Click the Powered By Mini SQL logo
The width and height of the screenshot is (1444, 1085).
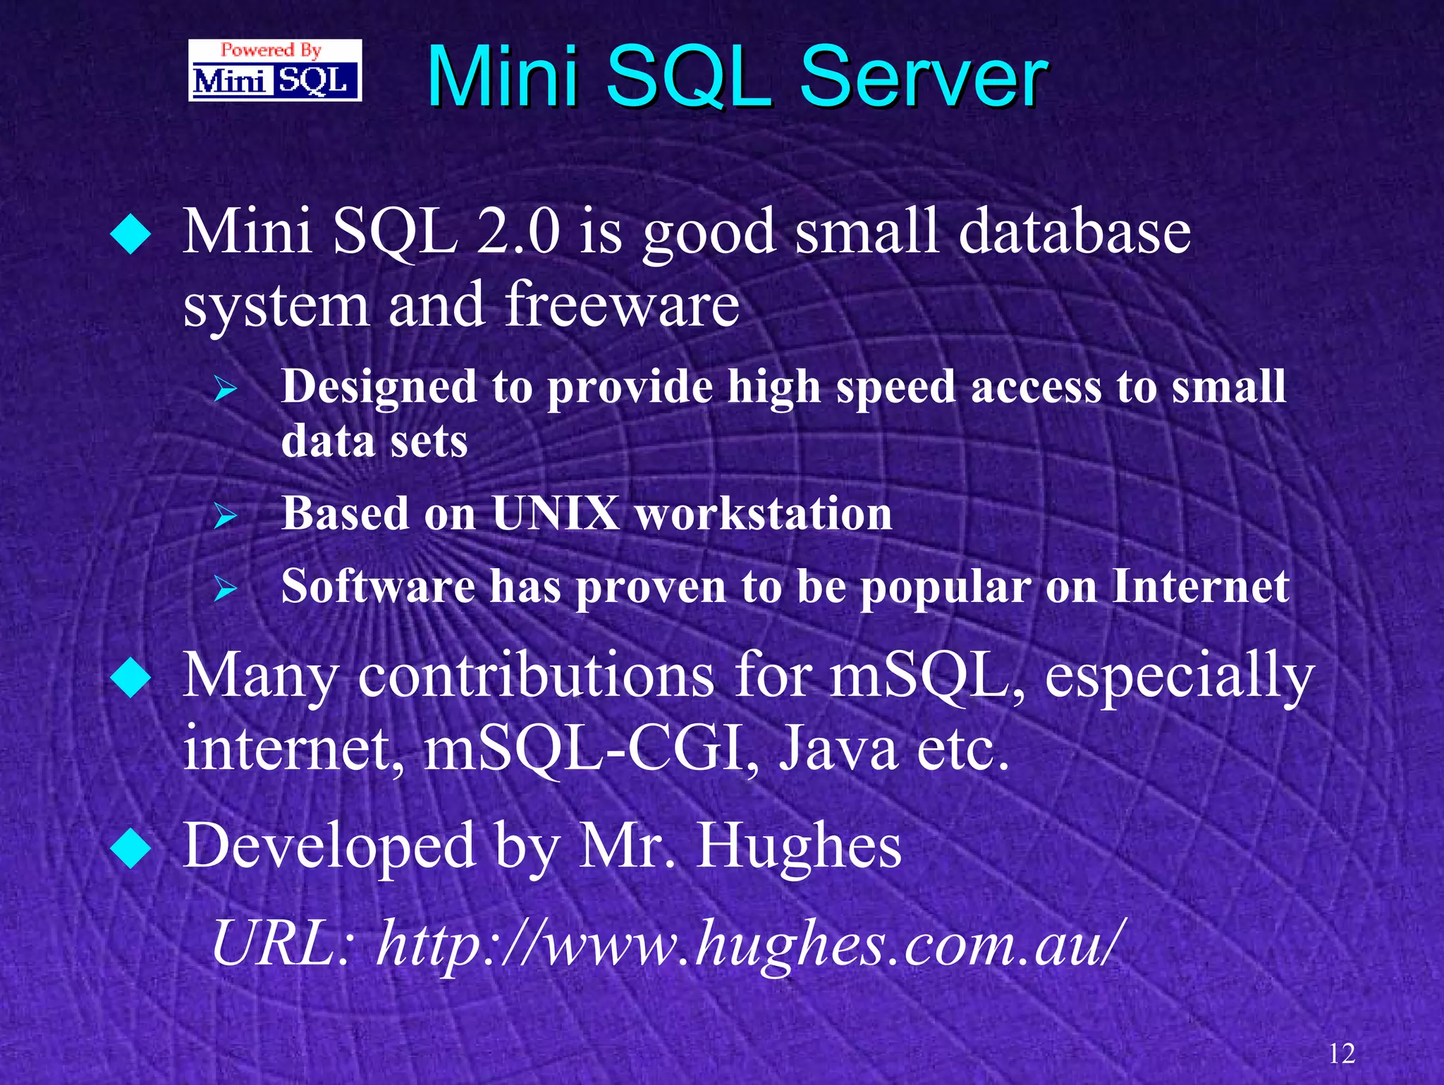[275, 71]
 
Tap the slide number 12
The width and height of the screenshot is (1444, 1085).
[1342, 1053]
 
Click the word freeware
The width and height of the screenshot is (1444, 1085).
[622, 305]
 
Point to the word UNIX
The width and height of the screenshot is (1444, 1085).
[556, 513]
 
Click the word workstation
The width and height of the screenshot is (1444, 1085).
[764, 513]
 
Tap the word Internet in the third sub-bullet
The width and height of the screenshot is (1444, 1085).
[1201, 586]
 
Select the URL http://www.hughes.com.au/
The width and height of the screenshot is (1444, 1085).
[747, 943]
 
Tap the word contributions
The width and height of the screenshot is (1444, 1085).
[536, 675]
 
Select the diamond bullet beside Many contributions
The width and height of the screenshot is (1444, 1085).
[131, 677]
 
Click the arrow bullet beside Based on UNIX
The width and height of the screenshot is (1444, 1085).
[225, 516]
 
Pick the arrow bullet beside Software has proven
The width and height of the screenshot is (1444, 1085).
[225, 588]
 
